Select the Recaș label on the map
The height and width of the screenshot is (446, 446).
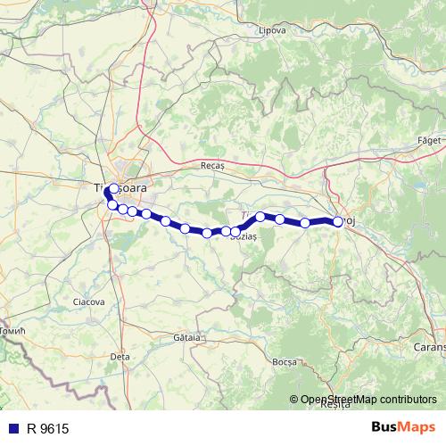(x=214, y=166)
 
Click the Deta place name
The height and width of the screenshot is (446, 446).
(x=120, y=356)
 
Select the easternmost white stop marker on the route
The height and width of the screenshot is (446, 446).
(x=338, y=222)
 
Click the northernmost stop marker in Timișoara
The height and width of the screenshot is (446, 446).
(x=112, y=188)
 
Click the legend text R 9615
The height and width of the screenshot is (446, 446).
(x=47, y=429)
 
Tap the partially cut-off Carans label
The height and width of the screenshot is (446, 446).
(x=430, y=344)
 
